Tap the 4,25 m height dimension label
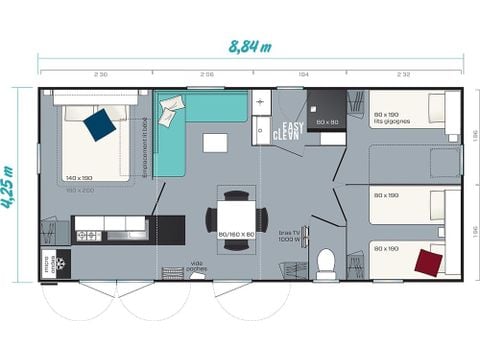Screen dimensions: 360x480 click(x=11, y=186)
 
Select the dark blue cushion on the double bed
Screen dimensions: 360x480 click(x=99, y=125)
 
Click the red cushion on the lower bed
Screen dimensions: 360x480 click(x=429, y=262)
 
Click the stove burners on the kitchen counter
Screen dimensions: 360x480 click(x=87, y=235)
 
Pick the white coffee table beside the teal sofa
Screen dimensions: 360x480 click(x=215, y=143)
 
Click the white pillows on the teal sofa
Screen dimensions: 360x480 click(x=171, y=105)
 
